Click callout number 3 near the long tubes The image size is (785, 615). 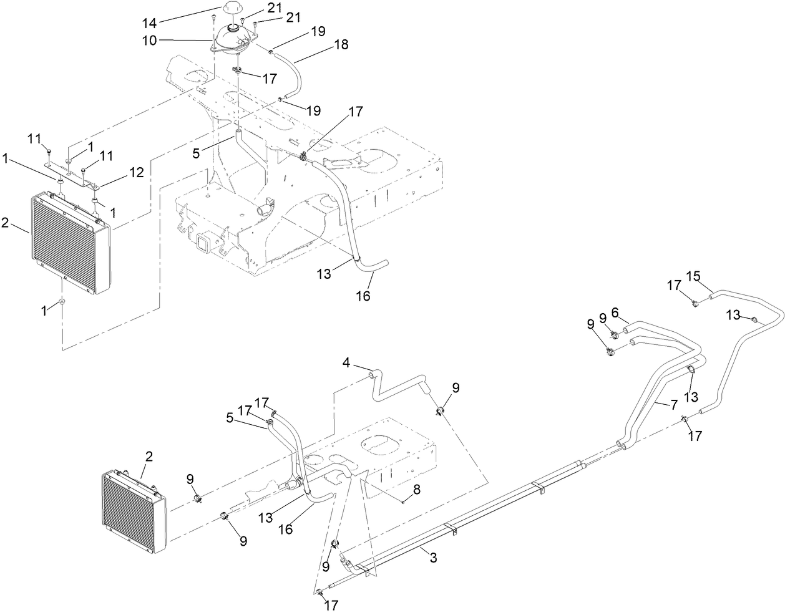pyautogui.click(x=433, y=558)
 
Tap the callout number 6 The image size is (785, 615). pyautogui.click(x=615, y=311)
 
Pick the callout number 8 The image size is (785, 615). pyautogui.click(x=417, y=490)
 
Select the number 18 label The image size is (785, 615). pyautogui.click(x=341, y=45)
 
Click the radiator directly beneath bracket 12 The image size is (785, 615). pyautogui.click(x=70, y=243)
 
